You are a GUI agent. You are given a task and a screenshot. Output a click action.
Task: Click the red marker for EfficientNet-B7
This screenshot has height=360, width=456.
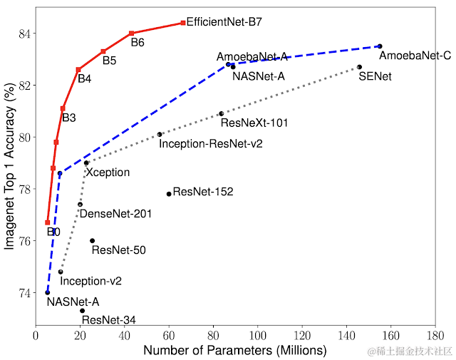point(183,23)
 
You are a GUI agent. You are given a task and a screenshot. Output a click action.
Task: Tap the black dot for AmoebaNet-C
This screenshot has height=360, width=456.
point(380,46)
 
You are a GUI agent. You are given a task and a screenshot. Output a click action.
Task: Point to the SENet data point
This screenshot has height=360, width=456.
point(360,67)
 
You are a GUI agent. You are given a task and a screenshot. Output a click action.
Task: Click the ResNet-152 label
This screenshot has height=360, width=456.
point(203,192)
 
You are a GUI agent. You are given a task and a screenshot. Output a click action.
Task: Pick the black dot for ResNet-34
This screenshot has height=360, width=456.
point(83,311)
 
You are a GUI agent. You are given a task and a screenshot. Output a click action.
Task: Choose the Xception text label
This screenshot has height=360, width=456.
point(108,173)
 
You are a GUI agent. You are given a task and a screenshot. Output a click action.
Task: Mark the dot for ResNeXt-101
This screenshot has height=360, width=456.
point(221,113)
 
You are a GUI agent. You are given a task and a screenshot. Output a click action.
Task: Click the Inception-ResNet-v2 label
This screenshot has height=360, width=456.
point(211,144)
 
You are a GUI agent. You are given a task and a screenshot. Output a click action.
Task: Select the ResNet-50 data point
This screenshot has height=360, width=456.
point(92,241)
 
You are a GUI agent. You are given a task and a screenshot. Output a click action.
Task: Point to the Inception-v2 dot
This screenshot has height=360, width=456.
point(61,272)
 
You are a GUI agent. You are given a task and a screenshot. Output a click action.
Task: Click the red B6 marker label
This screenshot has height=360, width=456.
point(138,43)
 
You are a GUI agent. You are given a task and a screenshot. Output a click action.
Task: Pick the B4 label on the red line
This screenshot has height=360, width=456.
point(84,78)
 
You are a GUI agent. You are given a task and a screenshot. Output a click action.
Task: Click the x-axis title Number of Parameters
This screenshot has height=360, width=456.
point(235,351)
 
